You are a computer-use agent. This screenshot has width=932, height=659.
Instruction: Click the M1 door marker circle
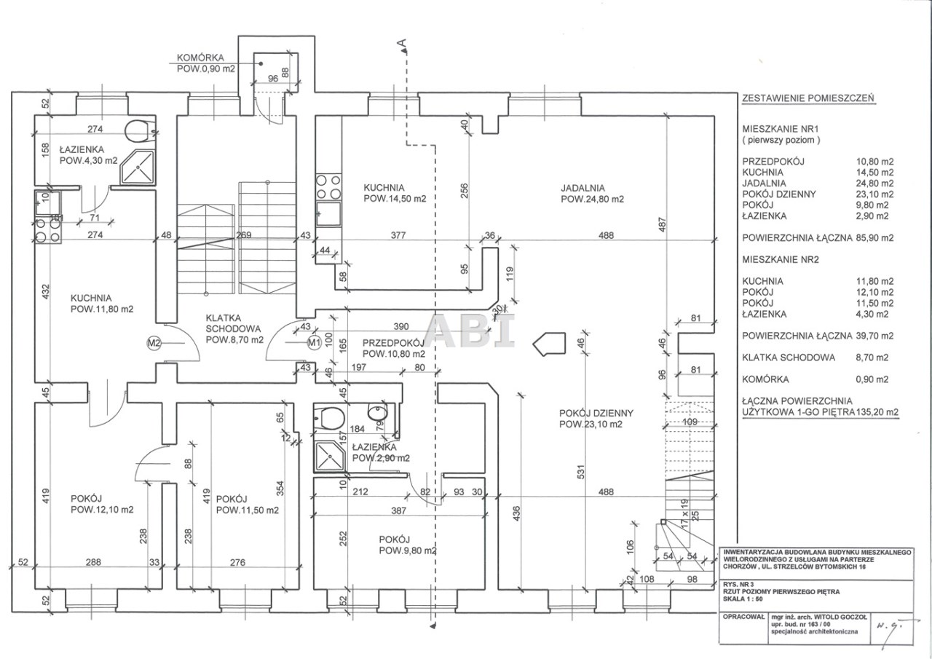(314, 341)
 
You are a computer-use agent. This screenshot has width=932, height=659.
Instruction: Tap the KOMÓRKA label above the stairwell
(200, 58)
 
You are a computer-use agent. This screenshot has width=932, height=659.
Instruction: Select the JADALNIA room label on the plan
(583, 187)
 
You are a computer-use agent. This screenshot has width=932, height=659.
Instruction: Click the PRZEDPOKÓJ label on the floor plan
(392, 342)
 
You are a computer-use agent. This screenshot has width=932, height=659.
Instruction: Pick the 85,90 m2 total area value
(872, 237)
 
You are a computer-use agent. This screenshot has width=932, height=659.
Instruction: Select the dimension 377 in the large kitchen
(398, 235)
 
